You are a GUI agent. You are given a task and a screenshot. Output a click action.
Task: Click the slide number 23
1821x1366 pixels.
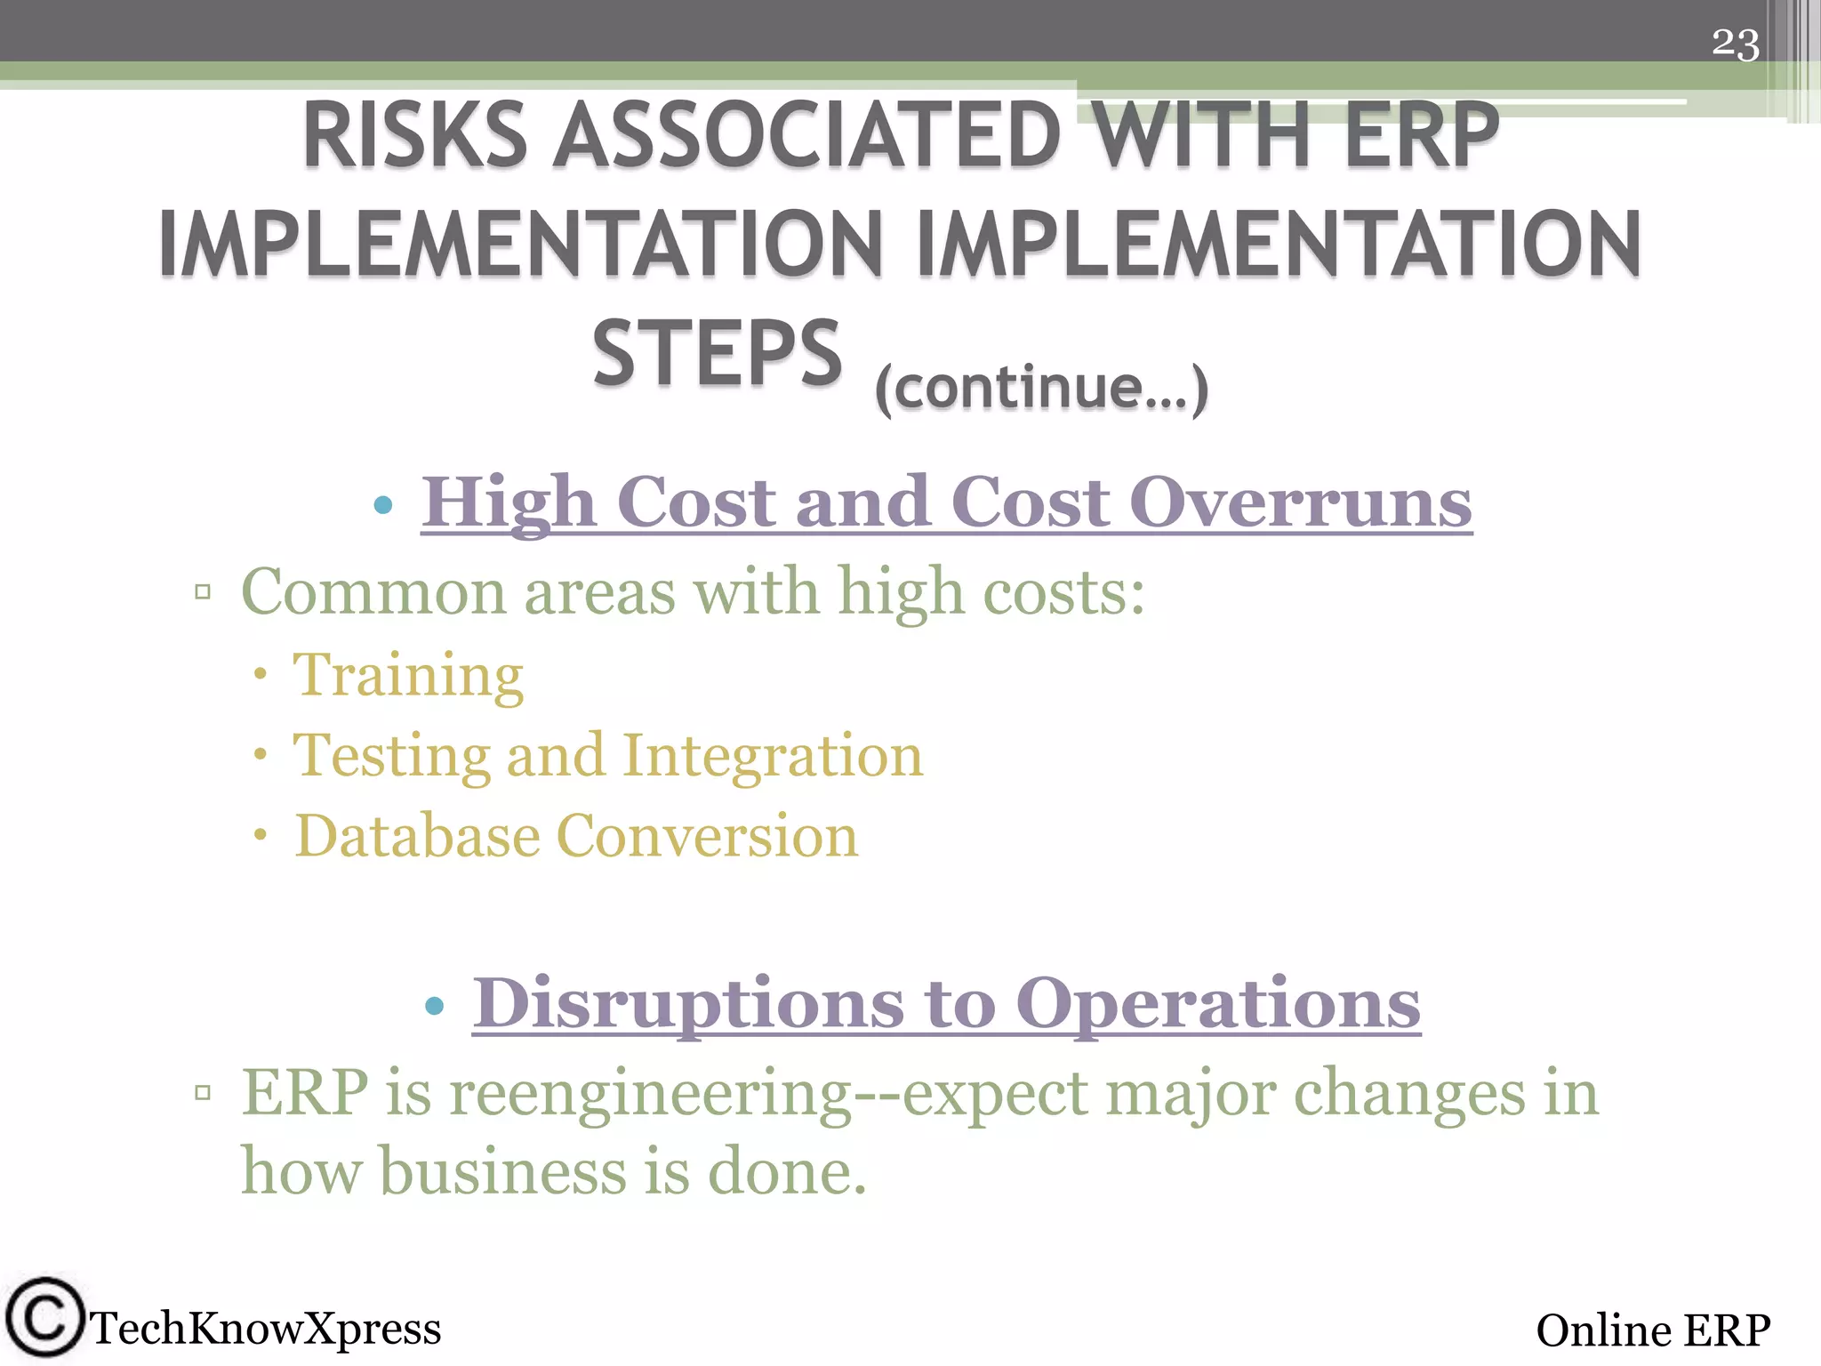pos(1735,44)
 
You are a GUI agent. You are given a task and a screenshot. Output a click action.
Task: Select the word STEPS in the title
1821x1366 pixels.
pos(717,354)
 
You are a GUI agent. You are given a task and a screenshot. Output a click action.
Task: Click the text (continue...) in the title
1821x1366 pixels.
pos(1041,388)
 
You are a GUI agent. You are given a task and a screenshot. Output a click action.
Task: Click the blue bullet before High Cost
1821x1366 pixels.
pos(383,506)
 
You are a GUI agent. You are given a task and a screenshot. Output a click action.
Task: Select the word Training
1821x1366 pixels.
pos(408,676)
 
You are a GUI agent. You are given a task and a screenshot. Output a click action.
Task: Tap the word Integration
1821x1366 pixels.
pos(772,756)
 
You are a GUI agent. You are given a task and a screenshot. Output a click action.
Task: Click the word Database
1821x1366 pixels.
pos(417,837)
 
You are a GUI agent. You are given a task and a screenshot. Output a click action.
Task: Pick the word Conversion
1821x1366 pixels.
pos(707,837)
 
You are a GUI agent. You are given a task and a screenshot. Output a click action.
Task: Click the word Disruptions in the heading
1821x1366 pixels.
pos(689,1003)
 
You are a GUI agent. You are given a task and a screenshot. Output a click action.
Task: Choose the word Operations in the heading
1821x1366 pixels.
pos(1217,1003)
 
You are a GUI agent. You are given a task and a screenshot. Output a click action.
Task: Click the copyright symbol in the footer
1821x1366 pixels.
pos(44,1318)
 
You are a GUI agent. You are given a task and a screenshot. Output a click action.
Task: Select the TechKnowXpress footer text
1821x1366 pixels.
pos(266,1329)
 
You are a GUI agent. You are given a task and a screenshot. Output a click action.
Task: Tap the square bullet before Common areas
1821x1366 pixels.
pos(203,591)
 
